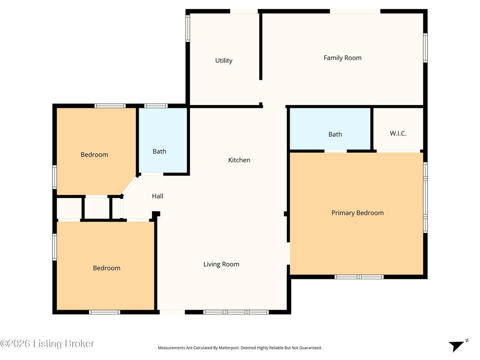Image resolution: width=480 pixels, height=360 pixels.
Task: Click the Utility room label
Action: tap(224, 60)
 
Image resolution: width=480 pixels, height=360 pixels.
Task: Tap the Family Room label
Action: tap(342, 58)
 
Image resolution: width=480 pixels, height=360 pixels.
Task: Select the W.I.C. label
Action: tap(398, 134)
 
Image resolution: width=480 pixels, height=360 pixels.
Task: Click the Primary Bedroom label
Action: tap(357, 213)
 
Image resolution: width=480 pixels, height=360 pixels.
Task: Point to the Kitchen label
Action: tap(239, 160)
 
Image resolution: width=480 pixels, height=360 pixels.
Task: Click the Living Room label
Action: tap(221, 264)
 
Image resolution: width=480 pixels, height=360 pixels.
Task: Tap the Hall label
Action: tap(157, 196)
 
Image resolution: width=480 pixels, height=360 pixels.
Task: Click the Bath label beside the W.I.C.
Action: tap(335, 135)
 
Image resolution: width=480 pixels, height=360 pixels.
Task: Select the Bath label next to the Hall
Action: tap(159, 151)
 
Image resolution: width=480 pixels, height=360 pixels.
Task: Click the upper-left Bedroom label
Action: tap(94, 155)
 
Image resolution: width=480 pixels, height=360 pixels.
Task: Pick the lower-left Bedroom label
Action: tap(106, 268)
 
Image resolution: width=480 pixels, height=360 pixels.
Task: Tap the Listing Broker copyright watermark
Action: tap(47, 344)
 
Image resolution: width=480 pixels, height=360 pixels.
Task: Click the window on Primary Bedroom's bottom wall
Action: tap(359, 277)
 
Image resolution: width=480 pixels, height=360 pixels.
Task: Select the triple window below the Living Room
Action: tap(236, 312)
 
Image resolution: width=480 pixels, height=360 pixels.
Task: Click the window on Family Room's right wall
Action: tap(425, 47)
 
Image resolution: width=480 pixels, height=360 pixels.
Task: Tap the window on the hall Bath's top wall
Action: tap(156, 106)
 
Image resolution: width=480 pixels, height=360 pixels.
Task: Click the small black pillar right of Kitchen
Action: tap(286, 214)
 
